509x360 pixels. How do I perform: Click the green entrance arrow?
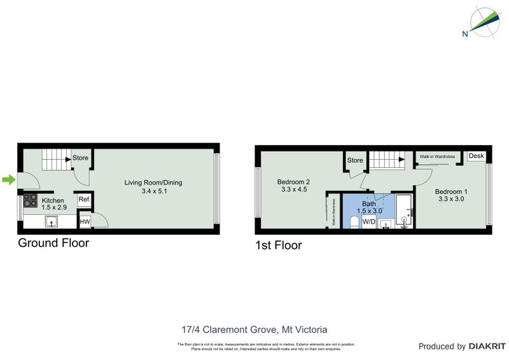point(8,180)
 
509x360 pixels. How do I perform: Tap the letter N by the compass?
point(466,33)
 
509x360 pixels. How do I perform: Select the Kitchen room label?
point(53,199)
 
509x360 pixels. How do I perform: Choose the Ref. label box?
point(84,200)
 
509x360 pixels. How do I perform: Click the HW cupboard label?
point(85,221)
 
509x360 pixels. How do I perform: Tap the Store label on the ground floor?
point(80,158)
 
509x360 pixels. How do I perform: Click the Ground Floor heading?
point(53,242)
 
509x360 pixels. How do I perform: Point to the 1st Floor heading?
point(278,245)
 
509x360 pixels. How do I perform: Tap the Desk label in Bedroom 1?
point(476,156)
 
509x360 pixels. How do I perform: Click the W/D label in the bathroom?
point(368,221)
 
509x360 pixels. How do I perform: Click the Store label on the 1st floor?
point(355,160)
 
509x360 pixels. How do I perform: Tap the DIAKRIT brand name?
point(487,347)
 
